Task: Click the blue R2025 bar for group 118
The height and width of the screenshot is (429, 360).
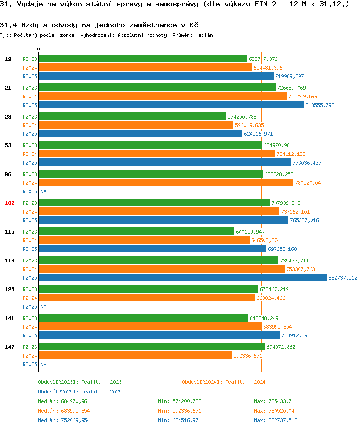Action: click(x=182, y=277)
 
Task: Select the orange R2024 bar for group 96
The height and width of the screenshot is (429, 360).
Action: click(x=166, y=183)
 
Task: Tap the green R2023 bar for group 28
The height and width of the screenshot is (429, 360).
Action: click(x=132, y=116)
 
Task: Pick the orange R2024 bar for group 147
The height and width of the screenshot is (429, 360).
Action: click(x=135, y=355)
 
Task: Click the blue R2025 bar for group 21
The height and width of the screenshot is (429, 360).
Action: click(x=171, y=105)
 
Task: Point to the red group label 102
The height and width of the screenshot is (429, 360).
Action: click(x=9, y=203)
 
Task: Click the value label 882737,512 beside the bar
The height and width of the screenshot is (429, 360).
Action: click(x=343, y=278)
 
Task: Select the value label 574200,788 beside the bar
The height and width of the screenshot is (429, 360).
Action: click(x=242, y=117)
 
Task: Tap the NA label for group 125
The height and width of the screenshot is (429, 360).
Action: click(x=43, y=307)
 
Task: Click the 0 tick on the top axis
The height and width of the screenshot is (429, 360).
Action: click(x=38, y=49)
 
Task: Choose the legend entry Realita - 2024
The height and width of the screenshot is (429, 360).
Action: click(x=224, y=382)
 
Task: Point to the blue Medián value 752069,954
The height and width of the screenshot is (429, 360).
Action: click(x=64, y=420)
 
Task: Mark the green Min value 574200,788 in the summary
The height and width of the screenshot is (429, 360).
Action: click(x=180, y=401)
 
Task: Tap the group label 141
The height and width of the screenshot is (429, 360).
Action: click(x=9, y=318)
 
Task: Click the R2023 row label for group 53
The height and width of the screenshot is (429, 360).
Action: click(x=30, y=145)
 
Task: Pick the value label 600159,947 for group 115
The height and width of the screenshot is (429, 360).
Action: click(x=250, y=232)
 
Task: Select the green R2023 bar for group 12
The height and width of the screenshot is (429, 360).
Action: click(x=143, y=59)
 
